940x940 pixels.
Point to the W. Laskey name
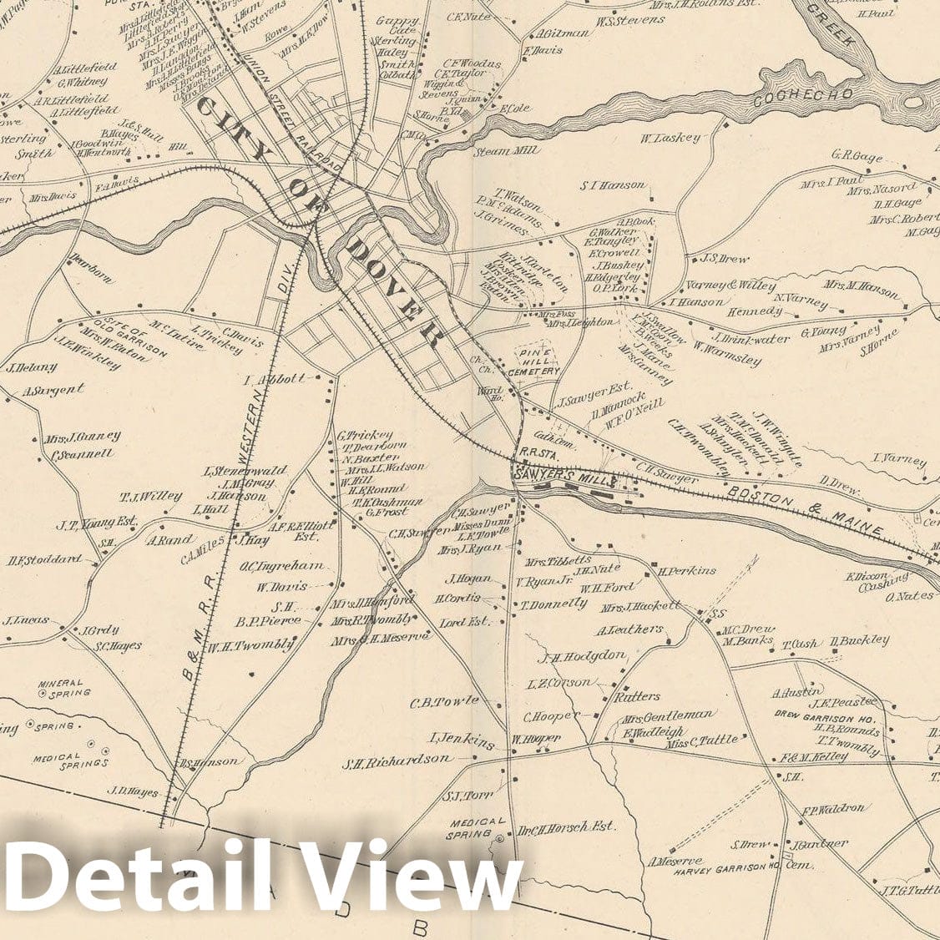[670, 138]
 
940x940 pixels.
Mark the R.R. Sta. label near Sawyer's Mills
[531, 459]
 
